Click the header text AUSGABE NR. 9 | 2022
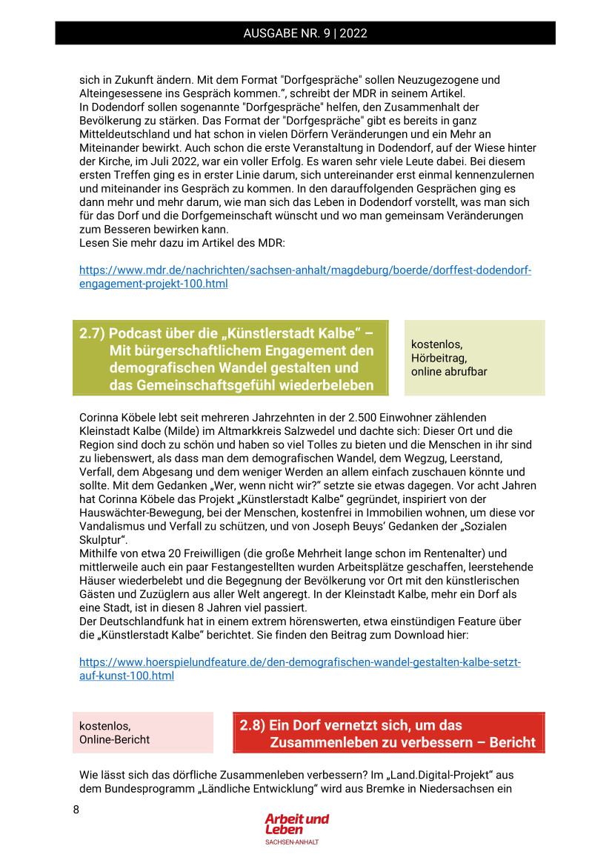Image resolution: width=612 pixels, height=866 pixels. coord(305,33)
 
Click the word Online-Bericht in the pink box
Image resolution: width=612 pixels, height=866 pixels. coord(114,739)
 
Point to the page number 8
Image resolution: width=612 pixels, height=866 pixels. coord(76,810)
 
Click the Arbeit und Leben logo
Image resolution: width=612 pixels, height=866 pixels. coord(296,825)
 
